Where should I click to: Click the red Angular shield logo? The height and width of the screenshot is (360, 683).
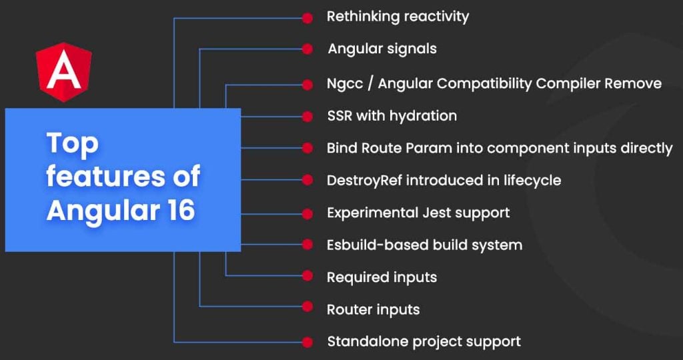point(63,72)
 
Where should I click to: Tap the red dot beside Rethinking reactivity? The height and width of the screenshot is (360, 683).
point(307,18)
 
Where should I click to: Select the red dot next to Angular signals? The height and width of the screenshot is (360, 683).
point(307,49)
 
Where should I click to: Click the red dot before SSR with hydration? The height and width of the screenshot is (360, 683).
point(307,117)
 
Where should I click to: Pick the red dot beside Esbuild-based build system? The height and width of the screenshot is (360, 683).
point(307,244)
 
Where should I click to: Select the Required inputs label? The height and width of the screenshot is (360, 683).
point(382,277)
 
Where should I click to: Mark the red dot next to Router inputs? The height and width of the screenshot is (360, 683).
point(307,307)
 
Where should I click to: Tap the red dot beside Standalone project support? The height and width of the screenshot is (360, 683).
point(307,342)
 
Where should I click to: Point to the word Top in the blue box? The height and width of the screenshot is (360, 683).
point(72,145)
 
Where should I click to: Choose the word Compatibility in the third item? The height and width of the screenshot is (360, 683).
point(484,84)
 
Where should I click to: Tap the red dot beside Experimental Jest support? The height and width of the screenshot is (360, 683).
point(307,214)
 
